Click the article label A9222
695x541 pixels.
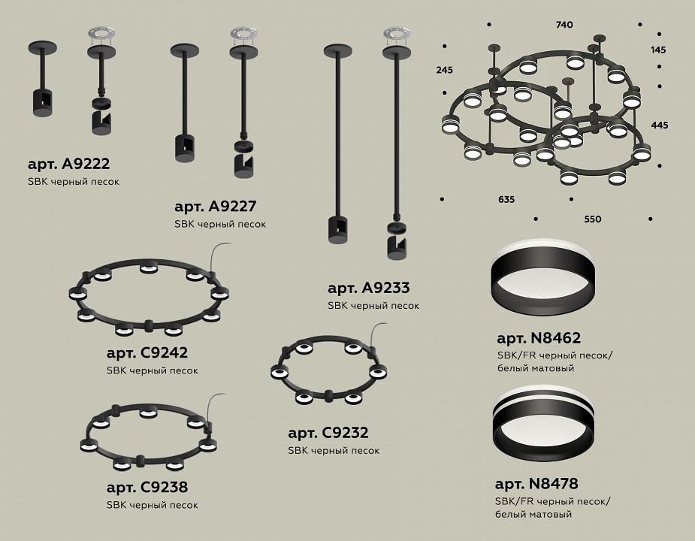click(68, 164)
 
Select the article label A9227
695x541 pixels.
click(216, 207)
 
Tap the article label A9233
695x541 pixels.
click(369, 289)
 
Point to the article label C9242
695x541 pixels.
click(147, 353)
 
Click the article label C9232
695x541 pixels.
click(328, 433)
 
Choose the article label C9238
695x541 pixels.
click(147, 488)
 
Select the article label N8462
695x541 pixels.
click(539, 338)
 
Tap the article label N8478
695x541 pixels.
click(536, 484)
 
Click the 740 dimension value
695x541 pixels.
click(564, 25)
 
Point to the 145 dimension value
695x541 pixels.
click(659, 50)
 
